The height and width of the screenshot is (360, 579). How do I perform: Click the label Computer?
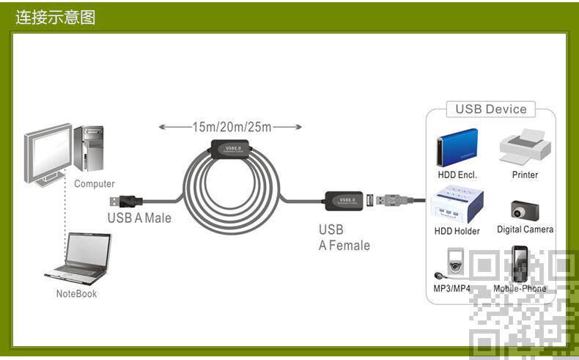point(95,184)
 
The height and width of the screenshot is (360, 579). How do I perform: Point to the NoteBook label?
point(76,294)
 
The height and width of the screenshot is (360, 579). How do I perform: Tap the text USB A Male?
point(139,218)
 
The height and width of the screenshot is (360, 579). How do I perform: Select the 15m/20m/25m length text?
point(232,127)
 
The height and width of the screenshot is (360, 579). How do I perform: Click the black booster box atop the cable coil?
point(232,149)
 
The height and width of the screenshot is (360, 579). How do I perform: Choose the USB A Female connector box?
point(343,199)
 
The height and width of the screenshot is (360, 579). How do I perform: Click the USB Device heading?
point(491,109)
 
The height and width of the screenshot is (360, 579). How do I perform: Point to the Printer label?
point(525,175)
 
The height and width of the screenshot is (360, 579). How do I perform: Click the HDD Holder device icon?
point(457,206)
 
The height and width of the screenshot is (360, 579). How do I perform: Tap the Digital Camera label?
point(525,229)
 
